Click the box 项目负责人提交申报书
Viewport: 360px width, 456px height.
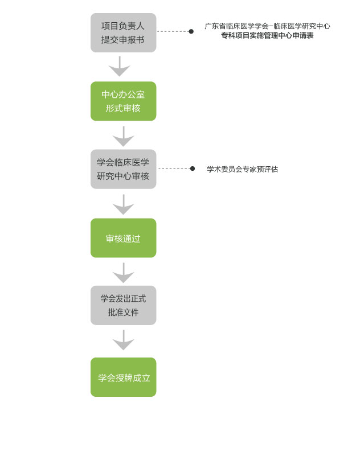tap(124, 32)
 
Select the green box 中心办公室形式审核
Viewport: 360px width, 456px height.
tap(124, 101)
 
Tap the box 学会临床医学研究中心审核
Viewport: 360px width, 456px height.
tap(124, 169)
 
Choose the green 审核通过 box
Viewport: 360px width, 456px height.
tap(124, 238)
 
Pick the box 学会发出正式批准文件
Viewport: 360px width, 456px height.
tap(124, 305)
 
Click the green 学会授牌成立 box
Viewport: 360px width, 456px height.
tap(124, 377)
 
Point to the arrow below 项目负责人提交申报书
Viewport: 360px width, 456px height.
tap(119, 66)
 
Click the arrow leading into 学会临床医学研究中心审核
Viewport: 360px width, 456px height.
tap(124, 137)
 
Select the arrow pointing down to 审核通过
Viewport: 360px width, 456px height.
tap(124, 205)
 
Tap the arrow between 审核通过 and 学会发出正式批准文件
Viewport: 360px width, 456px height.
tap(124, 273)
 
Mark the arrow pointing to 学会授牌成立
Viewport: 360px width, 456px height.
tap(124, 340)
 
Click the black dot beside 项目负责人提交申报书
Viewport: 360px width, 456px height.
tap(191, 31)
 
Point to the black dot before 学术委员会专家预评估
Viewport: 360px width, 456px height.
tap(193, 169)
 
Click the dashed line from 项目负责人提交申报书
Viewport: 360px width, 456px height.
tap(173, 31)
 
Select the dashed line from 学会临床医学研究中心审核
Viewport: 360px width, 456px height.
tap(174, 169)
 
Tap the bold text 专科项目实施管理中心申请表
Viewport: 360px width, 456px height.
tap(267, 35)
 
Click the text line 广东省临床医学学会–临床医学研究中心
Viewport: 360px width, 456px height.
tap(267, 26)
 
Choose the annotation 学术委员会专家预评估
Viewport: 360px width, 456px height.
tap(243, 169)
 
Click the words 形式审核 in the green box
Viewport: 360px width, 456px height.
tap(123, 108)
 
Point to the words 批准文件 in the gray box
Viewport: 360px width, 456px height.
tap(124, 313)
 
